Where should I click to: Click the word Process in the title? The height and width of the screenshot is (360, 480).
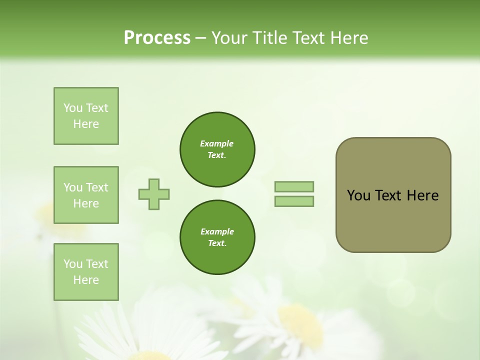[x=157, y=38]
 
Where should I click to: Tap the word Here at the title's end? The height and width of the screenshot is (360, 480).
[x=347, y=38]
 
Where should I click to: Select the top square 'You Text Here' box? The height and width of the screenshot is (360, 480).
[x=86, y=116]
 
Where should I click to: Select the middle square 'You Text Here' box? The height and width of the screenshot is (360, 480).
[x=86, y=195]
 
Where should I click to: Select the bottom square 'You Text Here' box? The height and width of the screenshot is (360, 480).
[x=86, y=272]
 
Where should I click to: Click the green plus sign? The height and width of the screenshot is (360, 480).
[x=154, y=194]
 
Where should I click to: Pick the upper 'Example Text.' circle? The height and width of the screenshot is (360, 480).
[x=217, y=149]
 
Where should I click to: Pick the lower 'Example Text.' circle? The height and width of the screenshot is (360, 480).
[x=217, y=237]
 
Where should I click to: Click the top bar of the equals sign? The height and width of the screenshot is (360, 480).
[x=294, y=187]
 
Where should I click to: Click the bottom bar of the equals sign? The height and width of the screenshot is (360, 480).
[x=294, y=201]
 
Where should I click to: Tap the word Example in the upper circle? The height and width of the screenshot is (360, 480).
[x=217, y=144]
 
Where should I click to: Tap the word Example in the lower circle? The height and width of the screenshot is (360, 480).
[x=217, y=232]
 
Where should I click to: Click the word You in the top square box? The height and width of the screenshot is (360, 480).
[x=73, y=108]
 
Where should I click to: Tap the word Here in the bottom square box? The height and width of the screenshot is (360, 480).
[x=86, y=280]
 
